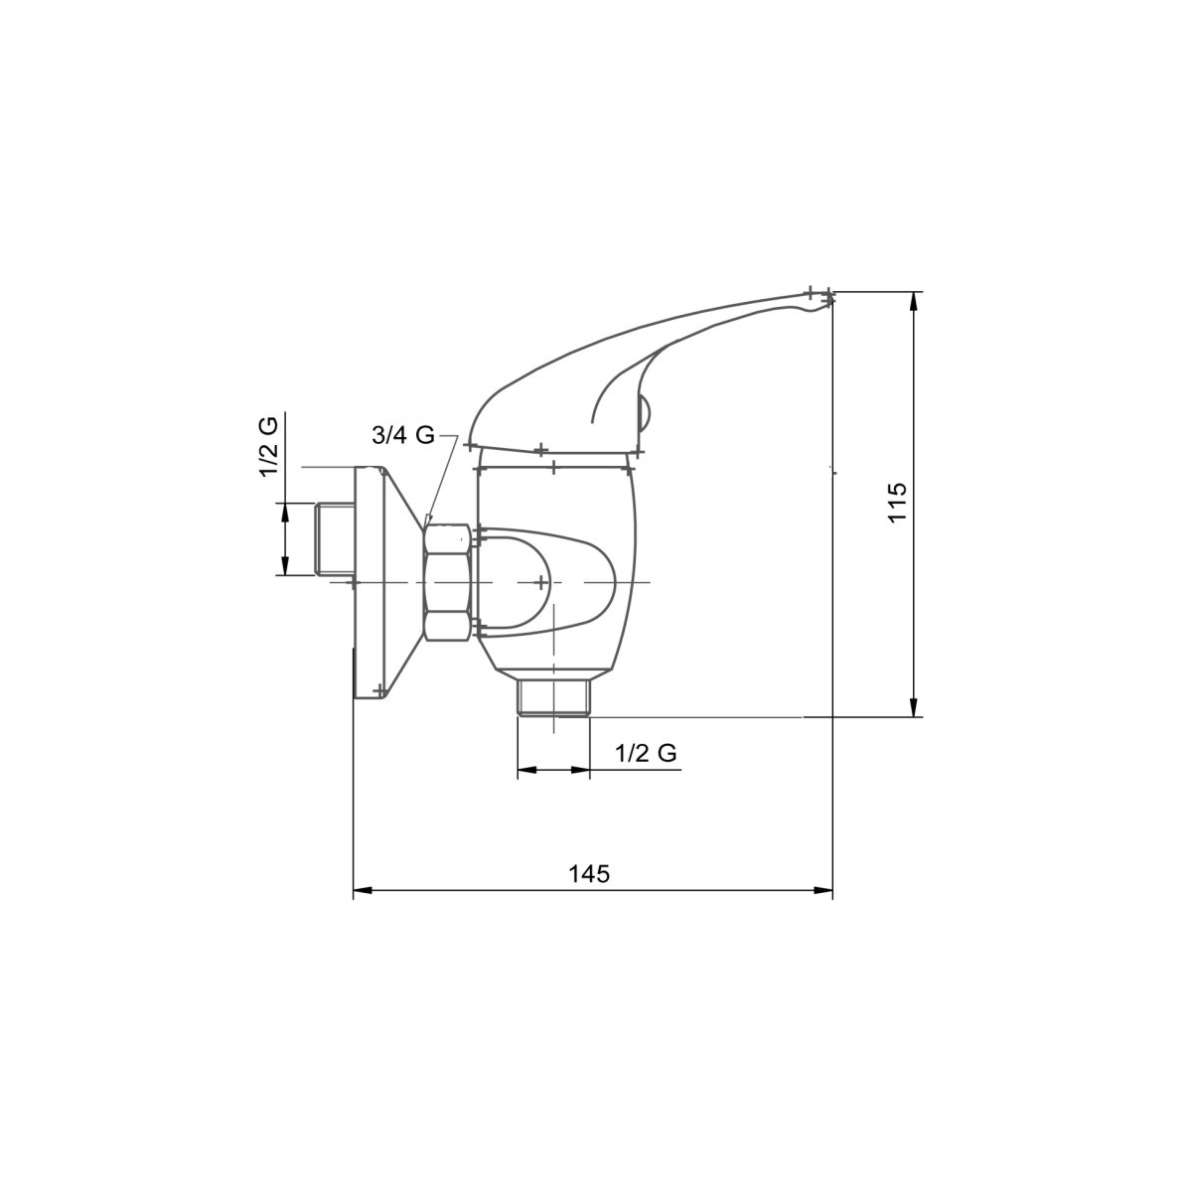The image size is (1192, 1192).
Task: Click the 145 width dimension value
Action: click(589, 873)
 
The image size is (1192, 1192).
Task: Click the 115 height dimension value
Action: click(896, 502)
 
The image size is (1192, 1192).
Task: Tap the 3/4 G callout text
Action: click(403, 435)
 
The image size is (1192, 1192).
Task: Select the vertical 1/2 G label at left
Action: click(269, 446)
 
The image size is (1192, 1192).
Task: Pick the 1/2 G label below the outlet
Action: click(646, 753)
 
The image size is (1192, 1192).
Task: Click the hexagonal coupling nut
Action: click(447, 582)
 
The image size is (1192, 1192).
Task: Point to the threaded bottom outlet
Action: click(554, 697)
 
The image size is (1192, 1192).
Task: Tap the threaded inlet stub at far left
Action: click(334, 538)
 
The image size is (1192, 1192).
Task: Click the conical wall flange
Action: click(387, 582)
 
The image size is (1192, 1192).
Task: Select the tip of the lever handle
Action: click(832, 299)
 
